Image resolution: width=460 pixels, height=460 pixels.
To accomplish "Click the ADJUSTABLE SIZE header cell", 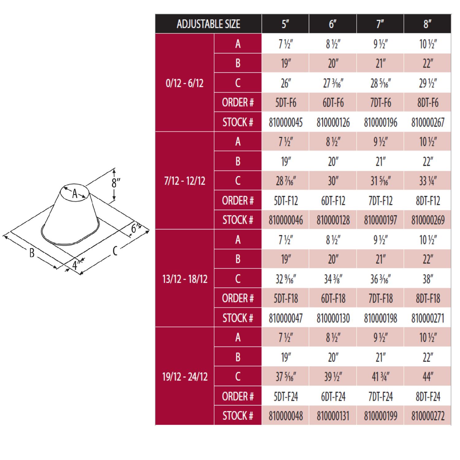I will tap(208, 24).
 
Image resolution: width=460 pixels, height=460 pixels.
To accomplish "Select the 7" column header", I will tap(380, 24).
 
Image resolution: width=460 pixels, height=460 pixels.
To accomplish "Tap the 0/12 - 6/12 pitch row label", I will tap(185, 83).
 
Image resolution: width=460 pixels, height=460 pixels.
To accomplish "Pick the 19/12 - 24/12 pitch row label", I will tap(185, 376).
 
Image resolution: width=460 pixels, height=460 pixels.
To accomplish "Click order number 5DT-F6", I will tap(286, 102).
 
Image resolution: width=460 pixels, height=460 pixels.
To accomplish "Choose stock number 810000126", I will tap(333, 122).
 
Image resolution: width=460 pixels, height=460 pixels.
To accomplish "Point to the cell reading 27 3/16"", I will tap(333, 83).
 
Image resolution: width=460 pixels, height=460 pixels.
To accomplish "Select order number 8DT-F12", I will tap(428, 201).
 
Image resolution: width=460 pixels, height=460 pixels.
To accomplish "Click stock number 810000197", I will tap(380, 220).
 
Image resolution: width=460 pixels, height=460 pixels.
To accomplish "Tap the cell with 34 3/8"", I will tap(333, 279).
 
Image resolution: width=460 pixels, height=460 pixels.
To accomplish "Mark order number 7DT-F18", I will tap(380, 298).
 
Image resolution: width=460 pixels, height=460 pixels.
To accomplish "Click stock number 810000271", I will tap(428, 318).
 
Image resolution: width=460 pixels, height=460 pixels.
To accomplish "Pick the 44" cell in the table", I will tap(428, 376).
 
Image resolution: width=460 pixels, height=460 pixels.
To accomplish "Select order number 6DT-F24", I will tap(333, 396).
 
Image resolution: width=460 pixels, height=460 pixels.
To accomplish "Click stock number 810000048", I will tap(286, 416).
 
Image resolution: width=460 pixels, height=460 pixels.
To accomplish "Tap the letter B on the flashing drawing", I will tap(32, 253).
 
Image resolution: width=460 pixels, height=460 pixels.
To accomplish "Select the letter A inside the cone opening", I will tap(75, 194).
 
